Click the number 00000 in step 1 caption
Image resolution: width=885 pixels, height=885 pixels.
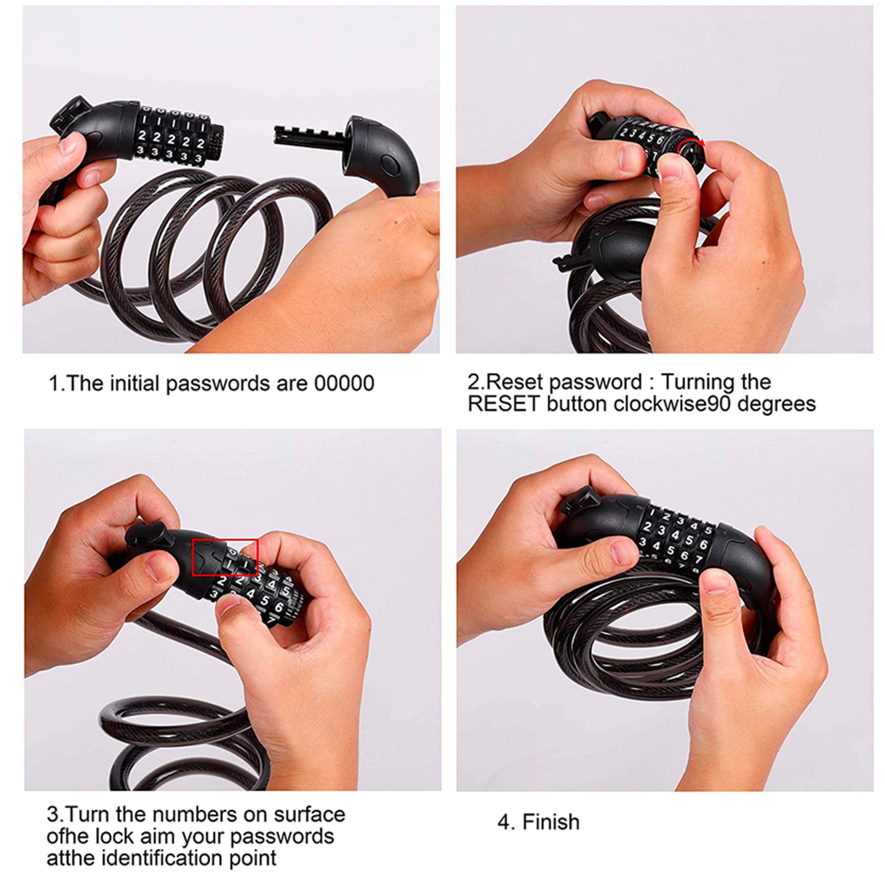344,383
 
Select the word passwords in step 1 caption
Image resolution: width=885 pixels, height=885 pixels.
219,384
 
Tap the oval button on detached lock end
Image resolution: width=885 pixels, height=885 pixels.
390,165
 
